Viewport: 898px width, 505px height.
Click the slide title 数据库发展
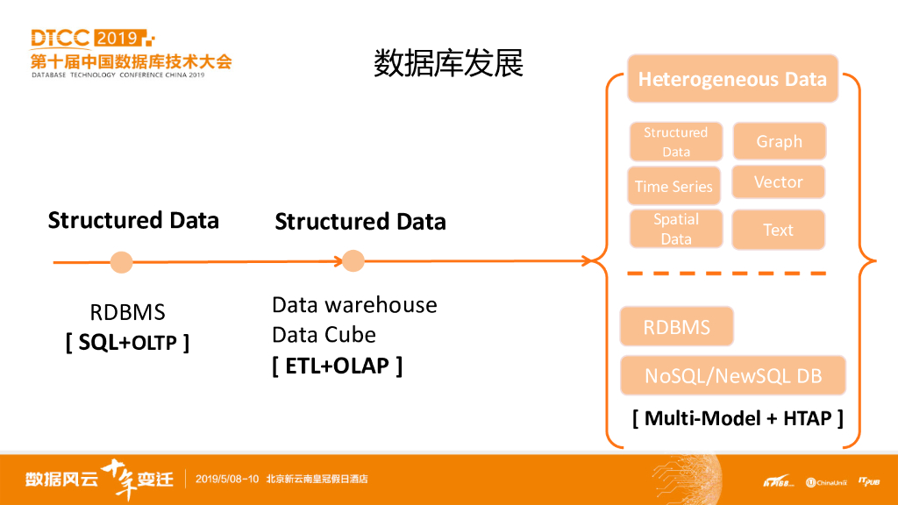[x=448, y=63]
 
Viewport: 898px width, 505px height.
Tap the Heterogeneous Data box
[x=732, y=79]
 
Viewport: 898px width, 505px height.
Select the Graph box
[x=779, y=141]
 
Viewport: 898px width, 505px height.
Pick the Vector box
[x=779, y=181]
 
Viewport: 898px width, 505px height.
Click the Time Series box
[x=673, y=186]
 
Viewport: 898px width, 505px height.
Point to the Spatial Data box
[x=676, y=229]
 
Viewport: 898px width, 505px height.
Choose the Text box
[x=778, y=230]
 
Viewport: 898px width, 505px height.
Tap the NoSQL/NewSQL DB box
[x=733, y=376]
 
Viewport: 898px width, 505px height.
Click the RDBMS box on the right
[x=676, y=327]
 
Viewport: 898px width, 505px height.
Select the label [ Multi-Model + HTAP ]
[x=738, y=418]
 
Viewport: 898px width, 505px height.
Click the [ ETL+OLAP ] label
[x=337, y=365]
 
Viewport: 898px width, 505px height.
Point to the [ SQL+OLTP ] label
[x=127, y=342]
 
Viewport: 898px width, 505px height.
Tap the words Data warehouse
[x=354, y=304]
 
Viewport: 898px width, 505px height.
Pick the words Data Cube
[x=324, y=334]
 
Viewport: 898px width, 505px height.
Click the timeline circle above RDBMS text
[x=122, y=261]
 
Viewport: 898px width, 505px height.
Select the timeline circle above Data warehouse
[x=353, y=260]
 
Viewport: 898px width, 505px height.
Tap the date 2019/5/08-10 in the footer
[x=227, y=479]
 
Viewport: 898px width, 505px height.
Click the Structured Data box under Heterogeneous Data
[x=675, y=141]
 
